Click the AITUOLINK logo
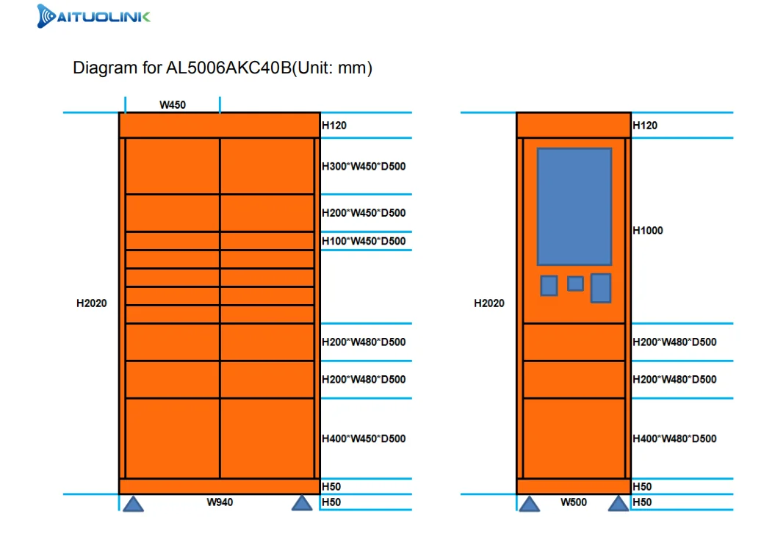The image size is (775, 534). [x=93, y=16]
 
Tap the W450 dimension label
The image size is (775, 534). [x=173, y=105]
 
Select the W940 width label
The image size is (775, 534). [x=220, y=502]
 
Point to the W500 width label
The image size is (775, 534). [x=574, y=502]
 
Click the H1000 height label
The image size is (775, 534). [x=648, y=231]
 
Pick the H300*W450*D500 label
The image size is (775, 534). [x=364, y=167]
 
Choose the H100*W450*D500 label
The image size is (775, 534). [x=364, y=241]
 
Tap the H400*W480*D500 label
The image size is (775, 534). [x=674, y=439]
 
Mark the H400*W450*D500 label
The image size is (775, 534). [x=364, y=439]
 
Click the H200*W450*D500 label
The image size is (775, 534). [x=364, y=213]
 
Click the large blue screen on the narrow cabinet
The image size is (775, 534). [x=574, y=206]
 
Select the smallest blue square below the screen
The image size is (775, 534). [x=575, y=284]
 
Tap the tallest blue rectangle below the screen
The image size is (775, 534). [x=601, y=288]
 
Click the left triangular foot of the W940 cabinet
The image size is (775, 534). [x=133, y=503]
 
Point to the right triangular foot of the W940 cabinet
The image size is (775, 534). [x=302, y=503]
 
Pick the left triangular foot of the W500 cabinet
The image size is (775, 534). [x=530, y=503]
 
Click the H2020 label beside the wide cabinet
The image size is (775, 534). [x=92, y=303]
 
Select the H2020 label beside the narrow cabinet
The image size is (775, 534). [x=489, y=303]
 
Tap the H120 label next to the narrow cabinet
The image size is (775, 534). [x=645, y=126]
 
